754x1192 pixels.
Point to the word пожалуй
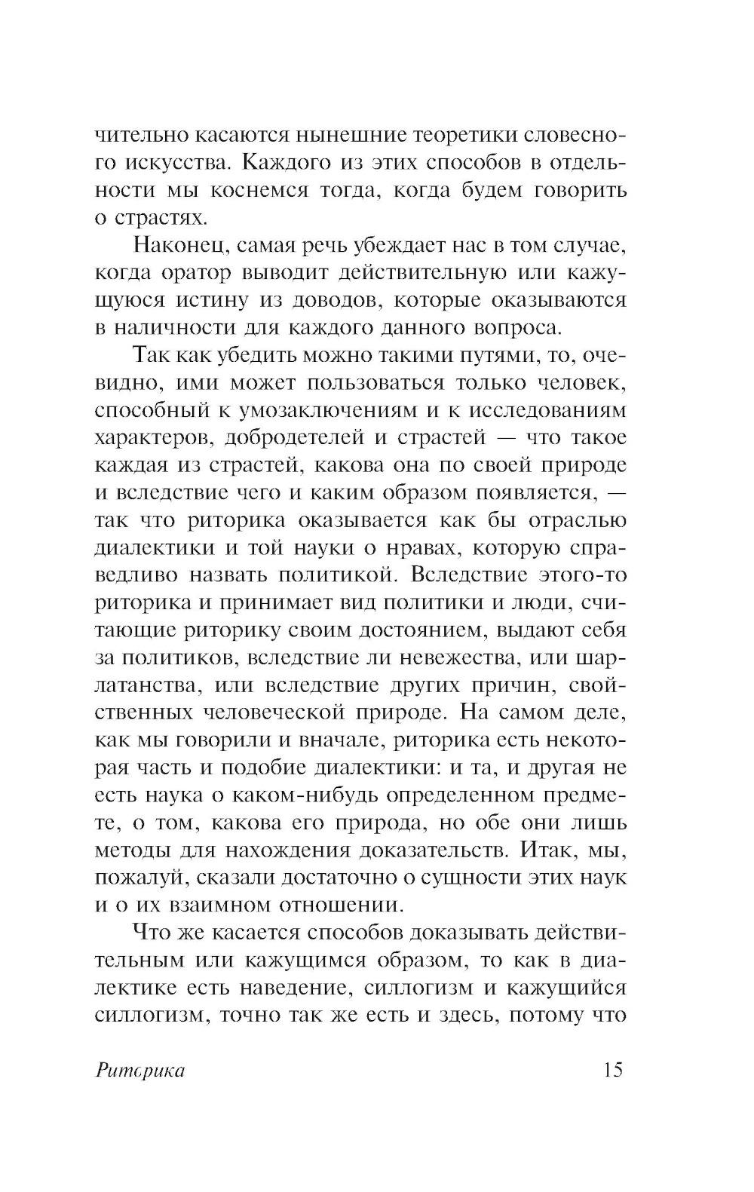click(132, 877)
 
